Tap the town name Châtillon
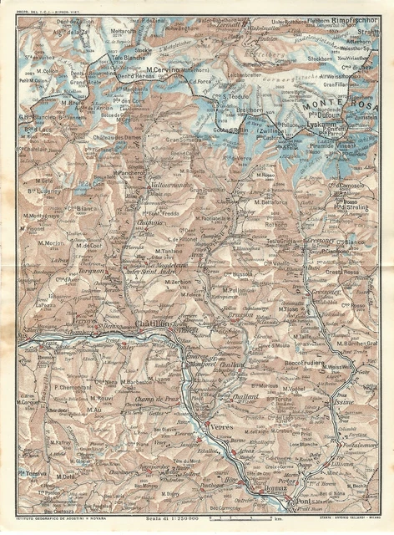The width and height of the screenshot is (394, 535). (154, 324)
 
